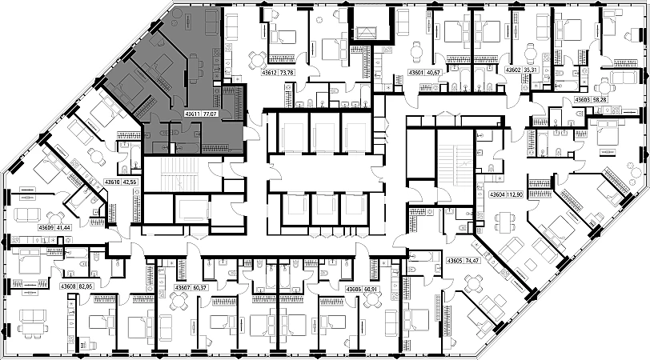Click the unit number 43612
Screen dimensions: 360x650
tap(273, 73)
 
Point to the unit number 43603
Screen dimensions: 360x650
tap(584, 100)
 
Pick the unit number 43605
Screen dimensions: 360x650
tap(455, 260)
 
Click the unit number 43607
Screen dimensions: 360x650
tap(183, 288)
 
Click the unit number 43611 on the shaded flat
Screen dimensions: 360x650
tap(192, 114)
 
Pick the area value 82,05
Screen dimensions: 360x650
tap(86, 286)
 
